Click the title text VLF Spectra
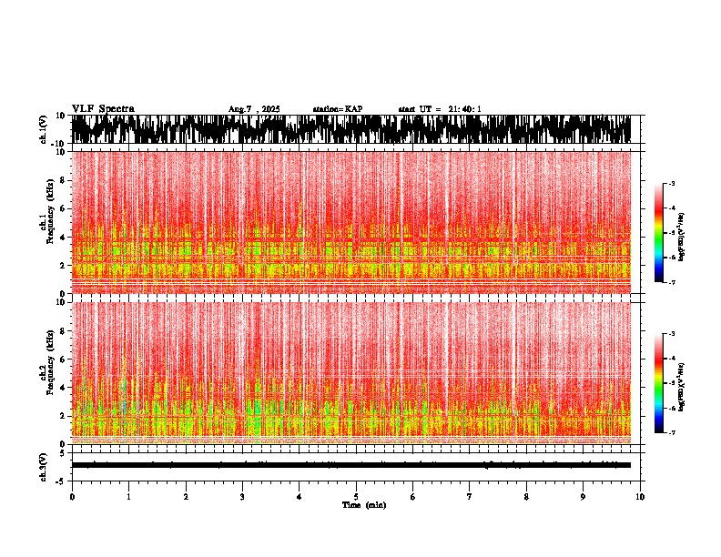tap(103, 108)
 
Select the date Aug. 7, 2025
tap(254, 109)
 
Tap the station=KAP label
tap(337, 109)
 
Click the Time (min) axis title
tap(363, 504)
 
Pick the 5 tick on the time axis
tap(357, 497)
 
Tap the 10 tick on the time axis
tap(641, 497)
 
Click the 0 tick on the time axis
tap(72, 497)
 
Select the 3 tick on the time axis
tap(243, 497)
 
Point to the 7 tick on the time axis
tap(470, 497)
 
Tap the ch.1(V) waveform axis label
tap(44, 130)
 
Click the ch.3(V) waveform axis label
tap(44, 465)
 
